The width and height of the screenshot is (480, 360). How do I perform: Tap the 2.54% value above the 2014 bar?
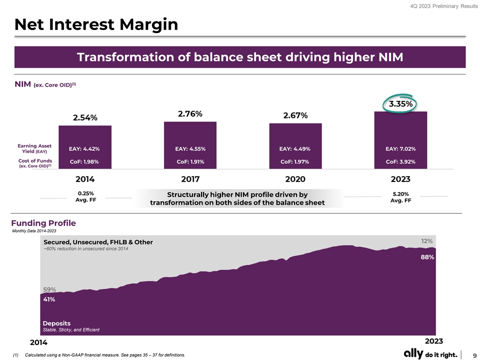coord(85,118)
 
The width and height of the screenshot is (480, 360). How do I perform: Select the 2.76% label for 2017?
coord(190,114)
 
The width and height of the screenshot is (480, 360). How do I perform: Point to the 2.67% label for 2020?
coord(295,116)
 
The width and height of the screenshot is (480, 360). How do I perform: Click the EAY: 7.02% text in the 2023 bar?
coord(400,148)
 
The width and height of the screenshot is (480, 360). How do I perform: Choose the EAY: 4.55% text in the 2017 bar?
coord(190,148)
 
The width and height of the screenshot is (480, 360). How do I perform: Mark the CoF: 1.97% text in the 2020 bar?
coord(295,161)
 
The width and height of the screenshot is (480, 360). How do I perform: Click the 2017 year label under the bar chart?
coord(190,179)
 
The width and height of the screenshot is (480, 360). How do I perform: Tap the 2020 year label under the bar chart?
coord(295,179)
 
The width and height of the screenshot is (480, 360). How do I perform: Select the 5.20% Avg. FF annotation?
coord(400,197)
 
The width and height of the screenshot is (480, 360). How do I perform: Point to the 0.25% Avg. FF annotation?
coord(85,197)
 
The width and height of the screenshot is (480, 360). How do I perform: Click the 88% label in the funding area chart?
coord(427,257)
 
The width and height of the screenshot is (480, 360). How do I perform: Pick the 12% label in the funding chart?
coord(426,241)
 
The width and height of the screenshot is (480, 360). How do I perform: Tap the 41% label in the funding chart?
coord(49,299)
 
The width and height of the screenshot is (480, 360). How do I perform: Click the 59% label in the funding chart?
coord(49,289)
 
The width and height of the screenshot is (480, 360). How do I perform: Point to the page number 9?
coord(473,354)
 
